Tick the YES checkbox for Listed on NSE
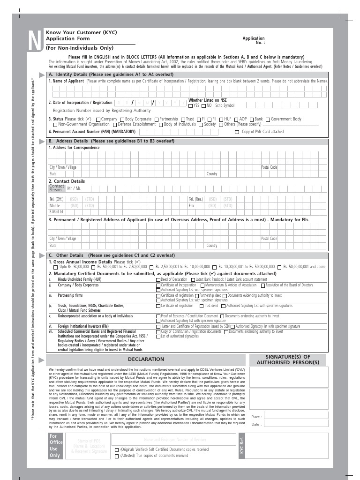(191, 106)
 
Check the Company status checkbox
(98, 120)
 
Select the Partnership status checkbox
(157, 120)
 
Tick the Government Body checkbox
(268, 120)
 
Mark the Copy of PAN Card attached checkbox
(237, 132)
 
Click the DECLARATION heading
(146, 359)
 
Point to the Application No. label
(254, 40)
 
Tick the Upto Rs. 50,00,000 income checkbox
(56, 267)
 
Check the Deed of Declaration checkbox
(158, 279)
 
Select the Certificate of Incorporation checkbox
(158, 285)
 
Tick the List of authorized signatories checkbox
(158, 337)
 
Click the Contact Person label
(56, 188)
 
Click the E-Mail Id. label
(57, 212)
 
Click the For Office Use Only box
(55, 446)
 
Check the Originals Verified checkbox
(117, 450)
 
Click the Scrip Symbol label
(225, 106)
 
